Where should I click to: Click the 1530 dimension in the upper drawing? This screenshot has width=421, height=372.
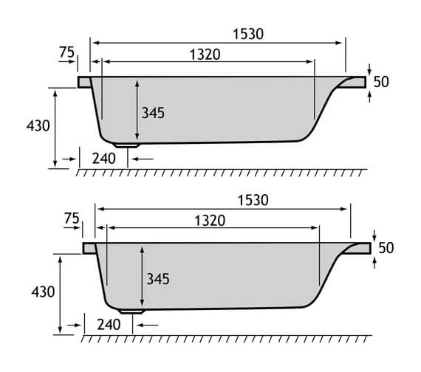248,33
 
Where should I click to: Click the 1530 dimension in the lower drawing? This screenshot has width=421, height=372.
253,200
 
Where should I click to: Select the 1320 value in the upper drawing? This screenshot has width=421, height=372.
205,54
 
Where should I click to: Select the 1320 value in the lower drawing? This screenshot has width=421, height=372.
209,220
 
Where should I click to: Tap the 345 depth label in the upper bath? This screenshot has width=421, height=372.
153,113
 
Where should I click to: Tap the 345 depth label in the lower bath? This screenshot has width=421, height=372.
157,279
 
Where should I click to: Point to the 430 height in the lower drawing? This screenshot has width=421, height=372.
42,292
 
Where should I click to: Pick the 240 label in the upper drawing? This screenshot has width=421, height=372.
104,157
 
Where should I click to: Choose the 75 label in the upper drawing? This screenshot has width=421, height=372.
66,52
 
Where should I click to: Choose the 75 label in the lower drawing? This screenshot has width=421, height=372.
71,218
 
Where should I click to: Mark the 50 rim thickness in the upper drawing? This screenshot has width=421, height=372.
381,82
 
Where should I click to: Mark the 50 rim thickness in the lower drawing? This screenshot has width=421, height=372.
386,248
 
